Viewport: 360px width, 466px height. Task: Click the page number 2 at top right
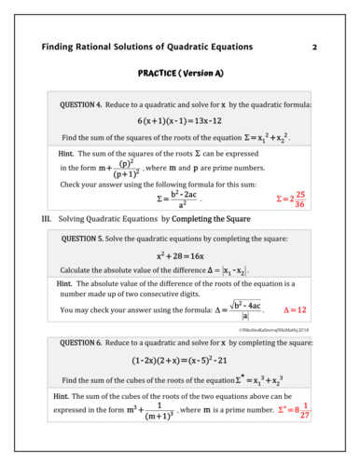point(314,46)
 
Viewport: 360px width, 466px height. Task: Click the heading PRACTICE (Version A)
point(180,72)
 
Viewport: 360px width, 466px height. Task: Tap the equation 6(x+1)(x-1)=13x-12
point(180,121)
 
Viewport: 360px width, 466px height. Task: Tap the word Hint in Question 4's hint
point(66,151)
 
